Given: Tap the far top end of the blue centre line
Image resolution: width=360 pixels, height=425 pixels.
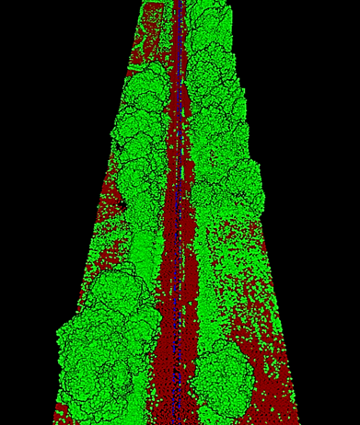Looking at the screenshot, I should [x=179, y=4].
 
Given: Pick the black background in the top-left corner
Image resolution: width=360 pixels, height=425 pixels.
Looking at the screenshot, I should [x=37, y=37].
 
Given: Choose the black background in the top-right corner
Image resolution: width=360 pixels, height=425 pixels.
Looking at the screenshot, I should [x=322, y=37].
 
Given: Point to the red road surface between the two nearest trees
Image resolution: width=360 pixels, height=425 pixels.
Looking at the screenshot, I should [x=170, y=368].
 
